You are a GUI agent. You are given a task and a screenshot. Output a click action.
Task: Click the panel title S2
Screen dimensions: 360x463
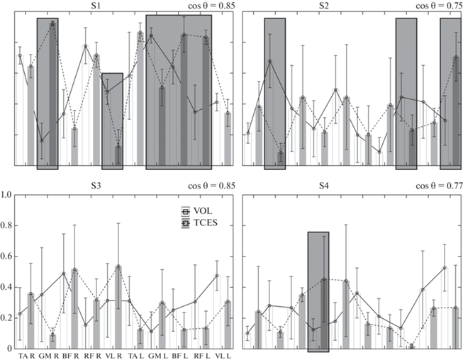click(350, 6)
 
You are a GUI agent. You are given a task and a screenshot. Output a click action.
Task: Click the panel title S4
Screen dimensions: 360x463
click(350, 186)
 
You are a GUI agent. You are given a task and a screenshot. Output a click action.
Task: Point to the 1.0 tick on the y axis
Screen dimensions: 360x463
click(6, 194)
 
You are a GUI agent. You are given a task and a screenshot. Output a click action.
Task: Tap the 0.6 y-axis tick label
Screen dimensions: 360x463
click(6, 256)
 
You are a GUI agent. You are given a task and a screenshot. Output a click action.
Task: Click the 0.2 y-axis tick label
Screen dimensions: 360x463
click(6, 317)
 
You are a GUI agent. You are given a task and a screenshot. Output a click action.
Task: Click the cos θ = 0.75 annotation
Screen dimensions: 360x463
click(433, 6)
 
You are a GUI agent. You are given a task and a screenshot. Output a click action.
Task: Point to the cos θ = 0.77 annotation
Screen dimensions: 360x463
click(433, 186)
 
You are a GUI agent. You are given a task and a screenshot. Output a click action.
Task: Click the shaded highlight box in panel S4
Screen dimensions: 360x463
click(318, 291)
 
